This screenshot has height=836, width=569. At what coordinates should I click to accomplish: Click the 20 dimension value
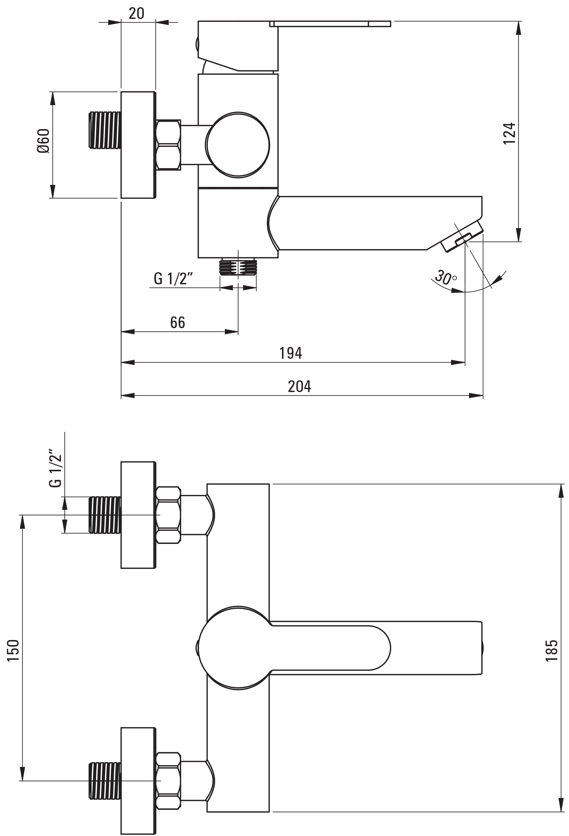tap(136, 13)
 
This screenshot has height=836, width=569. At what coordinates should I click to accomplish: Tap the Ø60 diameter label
tap(43, 141)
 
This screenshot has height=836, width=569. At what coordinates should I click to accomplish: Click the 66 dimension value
tap(177, 322)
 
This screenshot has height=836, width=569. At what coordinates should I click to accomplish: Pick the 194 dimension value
tap(290, 353)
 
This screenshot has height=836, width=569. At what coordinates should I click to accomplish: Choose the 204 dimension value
tap(299, 386)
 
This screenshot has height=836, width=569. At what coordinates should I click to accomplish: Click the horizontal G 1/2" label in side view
tap(173, 279)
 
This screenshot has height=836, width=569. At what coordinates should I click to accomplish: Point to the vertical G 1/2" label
tap(56, 468)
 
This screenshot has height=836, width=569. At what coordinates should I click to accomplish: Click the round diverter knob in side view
tap(238, 145)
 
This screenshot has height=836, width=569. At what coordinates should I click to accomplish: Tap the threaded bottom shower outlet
tap(238, 267)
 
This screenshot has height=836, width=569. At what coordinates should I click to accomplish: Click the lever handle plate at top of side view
tap(330, 24)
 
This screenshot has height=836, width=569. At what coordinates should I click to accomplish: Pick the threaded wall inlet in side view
tap(105, 130)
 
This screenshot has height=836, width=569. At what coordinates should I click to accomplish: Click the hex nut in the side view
tap(168, 145)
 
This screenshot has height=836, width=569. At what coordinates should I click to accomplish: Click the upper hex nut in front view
tap(168, 515)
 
